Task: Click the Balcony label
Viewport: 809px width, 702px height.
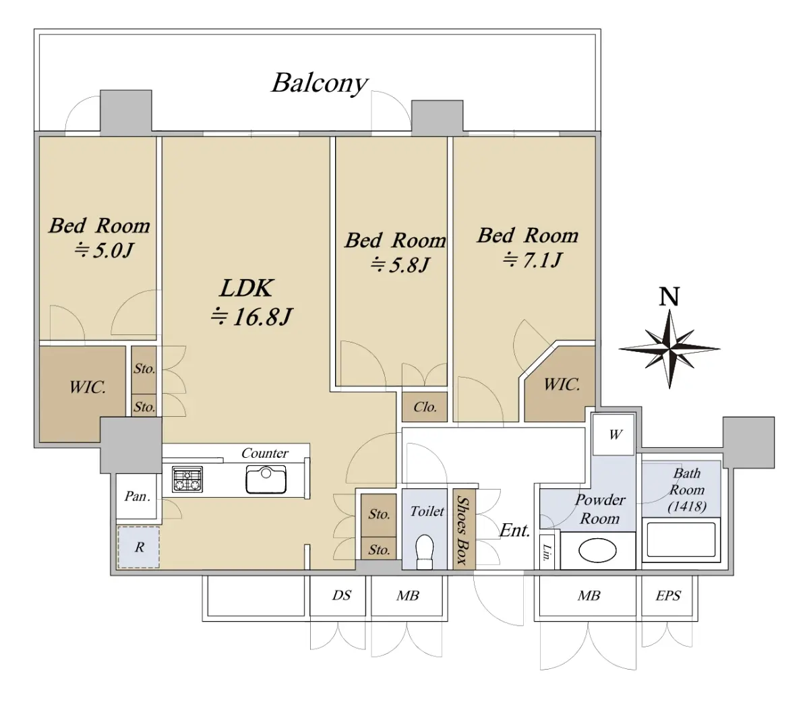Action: (x=319, y=84)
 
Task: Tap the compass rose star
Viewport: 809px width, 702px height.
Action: (x=669, y=349)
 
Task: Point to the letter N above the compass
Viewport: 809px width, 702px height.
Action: (x=669, y=297)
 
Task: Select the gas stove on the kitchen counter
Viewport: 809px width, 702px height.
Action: (x=187, y=479)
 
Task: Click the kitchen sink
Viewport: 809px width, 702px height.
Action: (x=266, y=479)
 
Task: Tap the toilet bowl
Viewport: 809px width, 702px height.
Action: (x=425, y=552)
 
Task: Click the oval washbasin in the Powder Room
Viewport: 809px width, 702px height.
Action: (x=597, y=550)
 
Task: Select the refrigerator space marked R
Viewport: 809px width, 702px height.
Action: (x=138, y=548)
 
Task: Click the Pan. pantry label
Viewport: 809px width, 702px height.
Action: (x=138, y=496)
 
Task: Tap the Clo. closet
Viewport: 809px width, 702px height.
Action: (x=425, y=407)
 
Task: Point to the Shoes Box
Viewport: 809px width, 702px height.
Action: (x=465, y=529)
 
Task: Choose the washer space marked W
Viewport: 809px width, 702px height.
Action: (x=613, y=435)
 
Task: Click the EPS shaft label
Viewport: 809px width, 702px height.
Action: (x=668, y=595)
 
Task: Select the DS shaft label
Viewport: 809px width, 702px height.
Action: (x=341, y=595)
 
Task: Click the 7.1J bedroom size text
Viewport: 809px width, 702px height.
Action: (x=532, y=260)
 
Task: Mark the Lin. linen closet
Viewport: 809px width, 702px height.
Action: (x=547, y=552)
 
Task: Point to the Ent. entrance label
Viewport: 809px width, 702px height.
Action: (x=514, y=530)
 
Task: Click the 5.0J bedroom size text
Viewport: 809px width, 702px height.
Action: (x=104, y=250)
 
